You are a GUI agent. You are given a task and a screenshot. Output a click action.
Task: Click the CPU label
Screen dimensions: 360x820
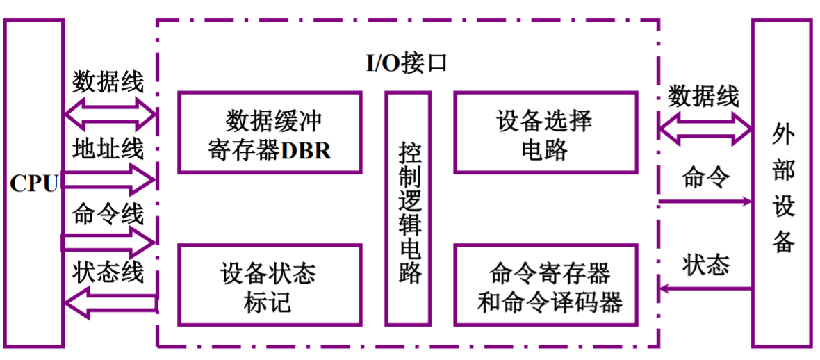(x=33, y=184)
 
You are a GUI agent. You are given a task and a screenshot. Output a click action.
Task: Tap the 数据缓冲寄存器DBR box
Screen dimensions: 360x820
(x=270, y=132)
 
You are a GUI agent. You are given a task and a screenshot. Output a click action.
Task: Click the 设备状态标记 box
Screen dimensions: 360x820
(x=270, y=284)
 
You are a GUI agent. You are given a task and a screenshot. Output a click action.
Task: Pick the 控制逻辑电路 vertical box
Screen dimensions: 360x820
(x=408, y=208)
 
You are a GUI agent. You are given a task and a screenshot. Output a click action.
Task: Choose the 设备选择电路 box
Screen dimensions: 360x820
(x=546, y=132)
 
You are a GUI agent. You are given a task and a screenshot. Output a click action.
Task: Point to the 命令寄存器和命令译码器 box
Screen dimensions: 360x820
(x=546, y=284)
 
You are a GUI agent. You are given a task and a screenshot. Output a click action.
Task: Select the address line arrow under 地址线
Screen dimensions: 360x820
(x=110, y=181)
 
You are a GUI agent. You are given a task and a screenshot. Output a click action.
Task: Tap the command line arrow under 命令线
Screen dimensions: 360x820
(x=110, y=243)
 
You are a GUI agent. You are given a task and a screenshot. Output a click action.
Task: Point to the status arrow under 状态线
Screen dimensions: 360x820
(x=110, y=304)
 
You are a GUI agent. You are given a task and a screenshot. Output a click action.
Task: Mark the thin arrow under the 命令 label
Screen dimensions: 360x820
(x=705, y=202)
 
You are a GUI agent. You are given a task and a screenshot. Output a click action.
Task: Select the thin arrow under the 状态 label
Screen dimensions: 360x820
(x=705, y=288)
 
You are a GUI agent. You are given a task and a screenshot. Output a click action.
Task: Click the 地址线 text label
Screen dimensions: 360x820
(x=108, y=149)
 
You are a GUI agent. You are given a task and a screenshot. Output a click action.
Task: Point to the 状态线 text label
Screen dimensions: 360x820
(x=108, y=273)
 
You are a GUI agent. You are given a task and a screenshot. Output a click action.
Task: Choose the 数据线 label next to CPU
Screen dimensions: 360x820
(x=108, y=82)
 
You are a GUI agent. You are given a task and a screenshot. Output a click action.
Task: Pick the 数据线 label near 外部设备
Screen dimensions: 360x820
(x=703, y=96)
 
